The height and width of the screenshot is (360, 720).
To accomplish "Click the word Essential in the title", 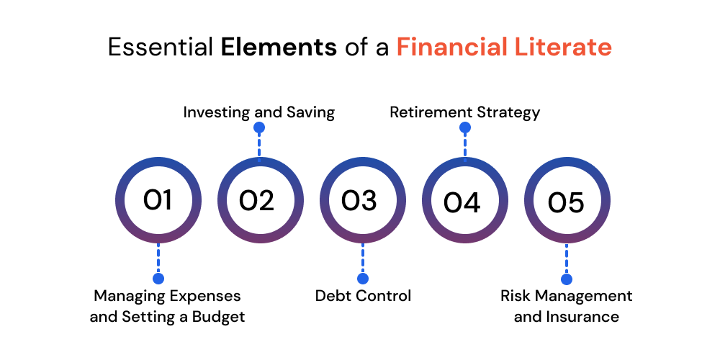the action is coord(161,48).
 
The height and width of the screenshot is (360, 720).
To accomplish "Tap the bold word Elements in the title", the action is coord(279,48).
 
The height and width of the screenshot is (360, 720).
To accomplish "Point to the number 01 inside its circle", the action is coord(158,200).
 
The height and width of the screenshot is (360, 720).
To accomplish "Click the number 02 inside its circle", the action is coord(257,201).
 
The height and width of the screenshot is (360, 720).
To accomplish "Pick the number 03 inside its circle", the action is coord(359,201).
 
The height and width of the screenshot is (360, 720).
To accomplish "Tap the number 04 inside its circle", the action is coord(462,202).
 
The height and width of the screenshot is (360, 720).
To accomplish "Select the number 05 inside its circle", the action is coord(566,202).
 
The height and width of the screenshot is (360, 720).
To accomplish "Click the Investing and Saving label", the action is coord(259,112).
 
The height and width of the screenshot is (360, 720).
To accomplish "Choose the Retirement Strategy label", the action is coord(464,112).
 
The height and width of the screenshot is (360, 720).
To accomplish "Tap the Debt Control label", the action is coord(363,295).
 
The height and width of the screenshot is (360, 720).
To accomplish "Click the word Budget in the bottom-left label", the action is coord(219,317).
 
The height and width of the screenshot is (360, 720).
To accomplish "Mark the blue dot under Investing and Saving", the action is coord(259,127).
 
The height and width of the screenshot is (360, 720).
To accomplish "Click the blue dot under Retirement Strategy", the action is coord(465,127).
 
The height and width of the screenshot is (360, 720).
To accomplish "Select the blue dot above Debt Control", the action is coord(363,279).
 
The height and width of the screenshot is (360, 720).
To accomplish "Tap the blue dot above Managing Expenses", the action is coord(158,279).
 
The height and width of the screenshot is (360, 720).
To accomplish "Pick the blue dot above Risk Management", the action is coord(567,279).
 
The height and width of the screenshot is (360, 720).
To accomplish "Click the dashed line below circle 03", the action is coord(363,258).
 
